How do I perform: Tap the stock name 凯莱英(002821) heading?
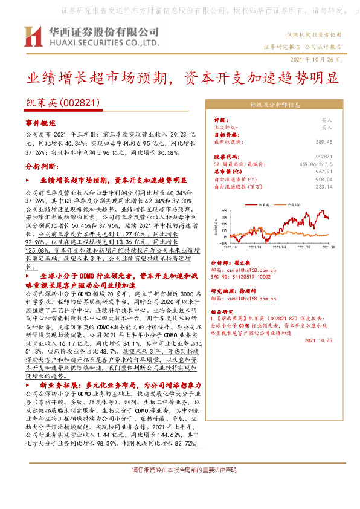pyautogui.click(x=59, y=104)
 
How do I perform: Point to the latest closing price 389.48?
pyautogui.click(x=324, y=141)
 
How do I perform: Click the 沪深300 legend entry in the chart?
pyautogui.click(x=294, y=205)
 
